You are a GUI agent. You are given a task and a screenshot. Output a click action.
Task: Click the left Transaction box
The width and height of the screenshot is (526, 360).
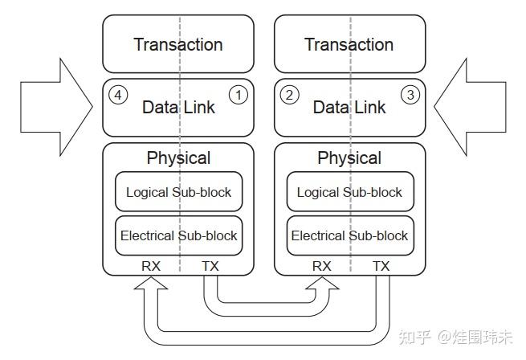(177, 44)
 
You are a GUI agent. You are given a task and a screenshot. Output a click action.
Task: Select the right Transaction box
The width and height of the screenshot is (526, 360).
(349, 44)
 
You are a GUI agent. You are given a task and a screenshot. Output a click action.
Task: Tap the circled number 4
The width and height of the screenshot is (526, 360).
(118, 96)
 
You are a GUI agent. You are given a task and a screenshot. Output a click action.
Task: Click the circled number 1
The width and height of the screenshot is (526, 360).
(238, 96)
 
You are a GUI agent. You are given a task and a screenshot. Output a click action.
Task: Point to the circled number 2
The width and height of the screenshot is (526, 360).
(289, 96)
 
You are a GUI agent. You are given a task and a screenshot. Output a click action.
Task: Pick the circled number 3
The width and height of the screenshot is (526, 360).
(410, 96)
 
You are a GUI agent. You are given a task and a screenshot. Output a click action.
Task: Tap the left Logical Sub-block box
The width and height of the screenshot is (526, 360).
(178, 192)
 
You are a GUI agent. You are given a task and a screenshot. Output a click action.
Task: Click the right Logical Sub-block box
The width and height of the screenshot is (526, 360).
(349, 192)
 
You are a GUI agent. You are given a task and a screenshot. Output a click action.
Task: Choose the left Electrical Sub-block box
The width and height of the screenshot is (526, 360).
(178, 235)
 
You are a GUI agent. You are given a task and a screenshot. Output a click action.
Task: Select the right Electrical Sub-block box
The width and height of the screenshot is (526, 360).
(349, 235)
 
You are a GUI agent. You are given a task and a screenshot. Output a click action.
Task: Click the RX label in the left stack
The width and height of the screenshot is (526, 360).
(149, 265)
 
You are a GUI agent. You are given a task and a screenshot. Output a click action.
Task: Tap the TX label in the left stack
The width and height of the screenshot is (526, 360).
(210, 265)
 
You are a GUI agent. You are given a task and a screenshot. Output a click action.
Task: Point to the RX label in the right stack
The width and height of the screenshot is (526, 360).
(321, 265)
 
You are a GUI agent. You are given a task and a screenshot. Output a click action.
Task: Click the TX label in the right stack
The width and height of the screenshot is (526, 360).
(381, 265)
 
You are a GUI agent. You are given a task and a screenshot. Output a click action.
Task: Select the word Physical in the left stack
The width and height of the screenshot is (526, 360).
(178, 157)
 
